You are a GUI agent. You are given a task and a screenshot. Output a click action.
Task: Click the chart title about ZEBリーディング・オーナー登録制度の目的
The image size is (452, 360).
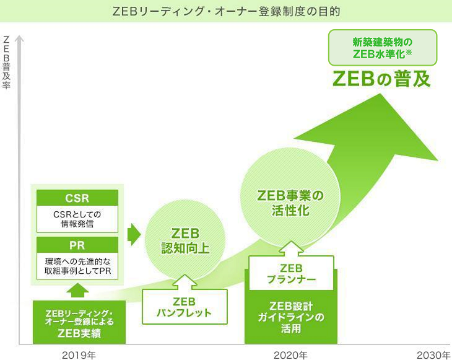pos(226,12)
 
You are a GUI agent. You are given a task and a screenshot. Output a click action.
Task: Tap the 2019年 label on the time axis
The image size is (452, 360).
pos(79,355)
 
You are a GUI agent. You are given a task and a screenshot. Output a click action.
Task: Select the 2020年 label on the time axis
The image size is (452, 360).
pos(290,355)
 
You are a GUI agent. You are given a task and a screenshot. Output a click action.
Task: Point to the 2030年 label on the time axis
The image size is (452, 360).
pos(433,355)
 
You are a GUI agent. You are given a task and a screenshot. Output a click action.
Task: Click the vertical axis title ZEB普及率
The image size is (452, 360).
pos(6,63)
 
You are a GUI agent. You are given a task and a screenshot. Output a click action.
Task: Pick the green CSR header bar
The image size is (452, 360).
pos(77,198)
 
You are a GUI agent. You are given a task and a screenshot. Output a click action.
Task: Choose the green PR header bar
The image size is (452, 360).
pos(77,245)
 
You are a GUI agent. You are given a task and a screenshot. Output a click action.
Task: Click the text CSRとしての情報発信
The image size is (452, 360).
pos(77,219)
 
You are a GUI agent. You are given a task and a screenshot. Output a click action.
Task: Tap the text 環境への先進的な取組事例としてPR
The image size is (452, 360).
pos(77,266)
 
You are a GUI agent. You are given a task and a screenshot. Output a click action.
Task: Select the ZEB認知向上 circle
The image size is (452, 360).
pos(185,241)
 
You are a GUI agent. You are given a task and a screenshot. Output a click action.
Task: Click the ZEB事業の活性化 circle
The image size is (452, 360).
pos(290,203)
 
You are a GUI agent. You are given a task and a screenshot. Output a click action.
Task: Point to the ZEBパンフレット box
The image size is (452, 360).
pos(185,307)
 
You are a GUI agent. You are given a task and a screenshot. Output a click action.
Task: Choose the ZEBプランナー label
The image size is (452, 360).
pos(291,274)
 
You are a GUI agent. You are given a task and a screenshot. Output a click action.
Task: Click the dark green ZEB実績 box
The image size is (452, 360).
pos(79,322)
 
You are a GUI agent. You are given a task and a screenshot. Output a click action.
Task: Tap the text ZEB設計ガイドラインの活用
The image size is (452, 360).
pos(291,317)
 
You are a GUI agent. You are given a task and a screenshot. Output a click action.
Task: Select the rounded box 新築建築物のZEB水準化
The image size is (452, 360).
pos(383,48)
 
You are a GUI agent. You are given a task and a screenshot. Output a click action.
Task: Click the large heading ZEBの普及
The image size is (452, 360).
pos(381,79)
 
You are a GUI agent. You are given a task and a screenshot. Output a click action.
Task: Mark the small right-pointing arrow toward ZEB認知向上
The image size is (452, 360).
pos(134,234)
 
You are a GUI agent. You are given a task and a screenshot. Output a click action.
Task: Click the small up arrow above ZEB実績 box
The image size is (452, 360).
pos(77,290)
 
